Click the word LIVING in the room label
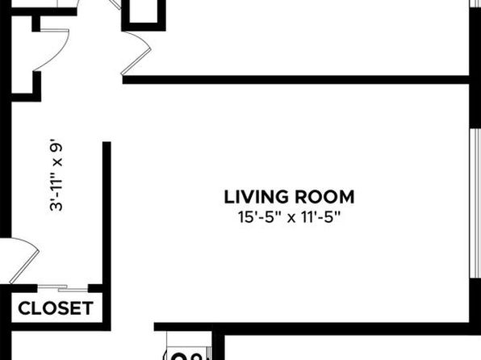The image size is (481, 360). [x=257, y=197]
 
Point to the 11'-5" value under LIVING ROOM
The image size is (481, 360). [x=320, y=218]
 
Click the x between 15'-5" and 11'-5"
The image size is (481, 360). [x=291, y=219]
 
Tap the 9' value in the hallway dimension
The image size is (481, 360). [x=56, y=146]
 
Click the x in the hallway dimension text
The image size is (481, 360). [x=57, y=162]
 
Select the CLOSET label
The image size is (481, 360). [x=56, y=308]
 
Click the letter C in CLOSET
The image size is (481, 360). [x=24, y=308]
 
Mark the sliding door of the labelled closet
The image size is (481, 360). [x=63, y=288]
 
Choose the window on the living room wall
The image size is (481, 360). [x=475, y=203]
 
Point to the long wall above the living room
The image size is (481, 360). [x=296, y=80]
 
